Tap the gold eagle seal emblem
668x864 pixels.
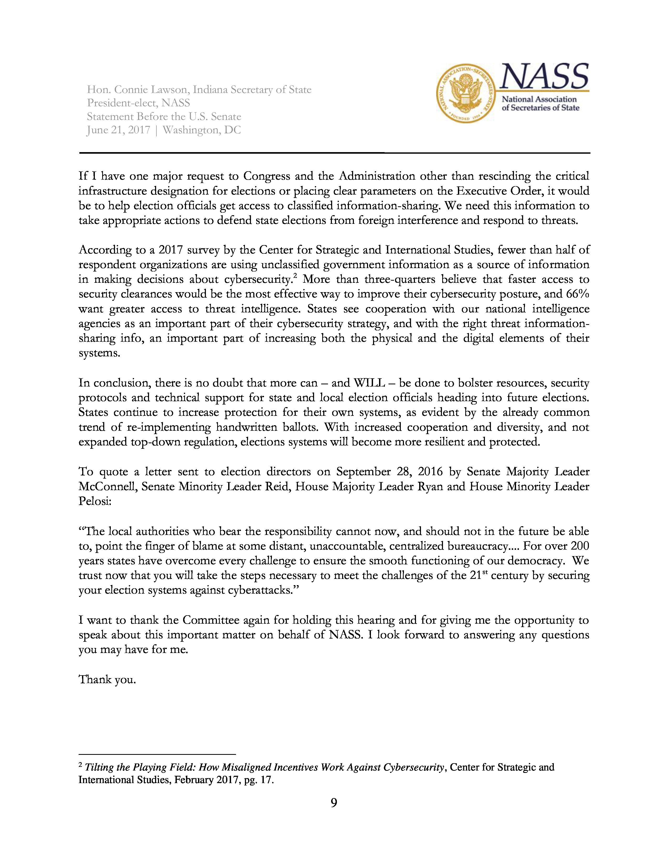pyautogui.click(x=466, y=93)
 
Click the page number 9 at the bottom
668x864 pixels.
pyautogui.click(x=333, y=803)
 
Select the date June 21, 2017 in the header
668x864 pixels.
pyautogui.click(x=118, y=130)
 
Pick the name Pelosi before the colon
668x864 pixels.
pyautogui.click(x=94, y=501)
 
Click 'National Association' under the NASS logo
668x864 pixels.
pyautogui.click(x=539, y=99)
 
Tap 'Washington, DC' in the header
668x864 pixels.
pyautogui.click(x=202, y=130)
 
